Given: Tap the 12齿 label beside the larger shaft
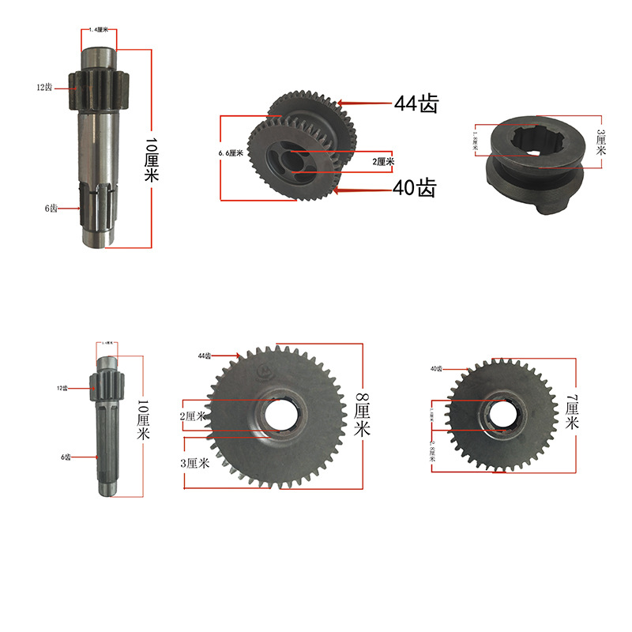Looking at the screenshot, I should click(44, 88).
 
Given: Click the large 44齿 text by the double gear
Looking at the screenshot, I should click(416, 103).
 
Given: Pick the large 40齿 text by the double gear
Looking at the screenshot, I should click(415, 188).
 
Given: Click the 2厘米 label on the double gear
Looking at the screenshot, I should click(384, 161).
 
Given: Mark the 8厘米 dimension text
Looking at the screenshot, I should click(362, 415).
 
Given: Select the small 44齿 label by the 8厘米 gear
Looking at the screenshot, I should click(205, 356).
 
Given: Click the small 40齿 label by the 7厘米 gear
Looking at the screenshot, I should click(436, 369).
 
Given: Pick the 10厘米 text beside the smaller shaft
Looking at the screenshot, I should click(144, 420).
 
